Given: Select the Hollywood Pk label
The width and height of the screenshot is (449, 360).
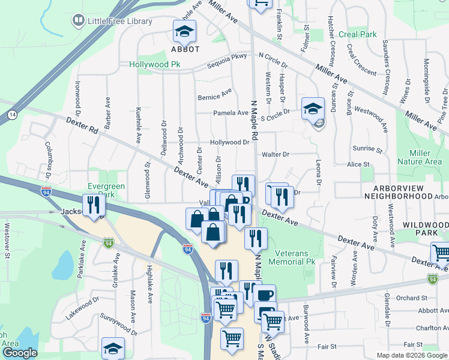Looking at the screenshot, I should (x=154, y=64).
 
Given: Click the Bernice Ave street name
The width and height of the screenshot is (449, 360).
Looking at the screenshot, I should (x=214, y=95).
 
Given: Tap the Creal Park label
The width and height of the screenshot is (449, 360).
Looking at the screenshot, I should (x=357, y=34).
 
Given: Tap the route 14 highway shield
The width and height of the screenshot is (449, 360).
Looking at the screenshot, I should (x=12, y=114).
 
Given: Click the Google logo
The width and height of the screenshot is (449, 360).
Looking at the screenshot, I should (x=19, y=353).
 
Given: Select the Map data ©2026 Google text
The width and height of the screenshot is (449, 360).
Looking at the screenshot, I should (x=411, y=355).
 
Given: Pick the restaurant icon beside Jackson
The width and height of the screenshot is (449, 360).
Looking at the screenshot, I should (x=93, y=205).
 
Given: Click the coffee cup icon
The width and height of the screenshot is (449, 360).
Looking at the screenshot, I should (x=265, y=295).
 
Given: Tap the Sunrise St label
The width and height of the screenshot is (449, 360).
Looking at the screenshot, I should (x=369, y=149).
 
